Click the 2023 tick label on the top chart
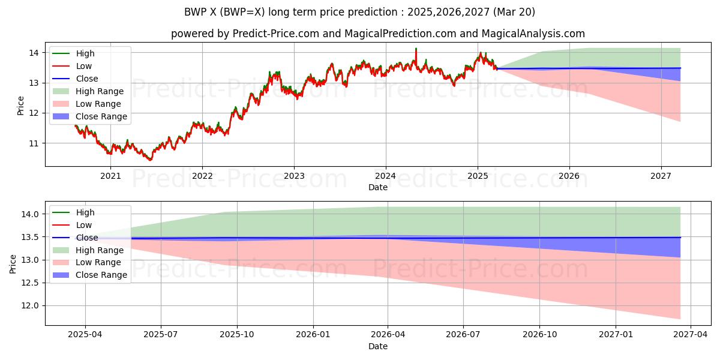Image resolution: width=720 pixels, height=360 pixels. coord(294,176)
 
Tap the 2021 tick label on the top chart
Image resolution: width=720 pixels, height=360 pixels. coord(110,176)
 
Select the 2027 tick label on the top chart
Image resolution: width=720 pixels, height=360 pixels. coord(661,176)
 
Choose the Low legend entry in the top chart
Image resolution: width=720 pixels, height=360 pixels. coord(84,66)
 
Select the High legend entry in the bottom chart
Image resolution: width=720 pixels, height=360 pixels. coord(85,212)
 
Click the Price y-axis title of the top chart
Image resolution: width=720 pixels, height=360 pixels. coord(21,106)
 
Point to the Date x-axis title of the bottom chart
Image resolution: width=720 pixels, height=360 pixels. coord(378,346)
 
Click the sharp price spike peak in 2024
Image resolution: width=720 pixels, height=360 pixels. coord(415,49)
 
